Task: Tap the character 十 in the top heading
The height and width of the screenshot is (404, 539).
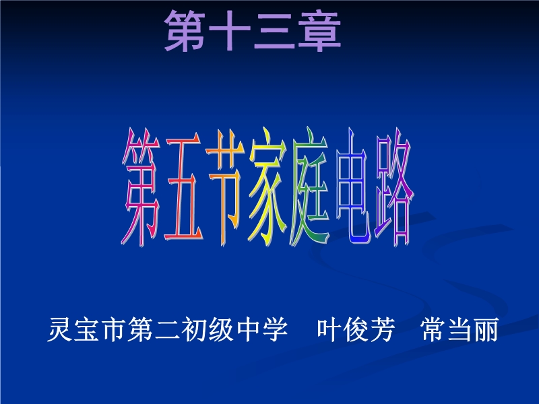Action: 229,31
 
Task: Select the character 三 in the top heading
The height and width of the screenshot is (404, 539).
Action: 274,32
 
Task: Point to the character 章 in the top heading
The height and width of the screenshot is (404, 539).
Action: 319,31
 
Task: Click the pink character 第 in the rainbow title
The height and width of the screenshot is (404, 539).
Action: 141,187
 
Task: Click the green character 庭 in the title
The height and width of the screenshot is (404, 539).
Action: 310,187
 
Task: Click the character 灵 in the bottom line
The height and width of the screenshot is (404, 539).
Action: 59,330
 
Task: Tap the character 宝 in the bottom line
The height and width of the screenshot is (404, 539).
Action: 86,330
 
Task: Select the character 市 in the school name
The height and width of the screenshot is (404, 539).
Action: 113,330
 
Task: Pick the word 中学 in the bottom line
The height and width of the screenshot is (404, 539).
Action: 262,330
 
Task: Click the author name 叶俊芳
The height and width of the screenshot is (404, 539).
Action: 356,330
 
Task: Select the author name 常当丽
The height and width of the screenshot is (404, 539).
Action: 459,330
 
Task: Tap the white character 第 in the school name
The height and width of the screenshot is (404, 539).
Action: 140,330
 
